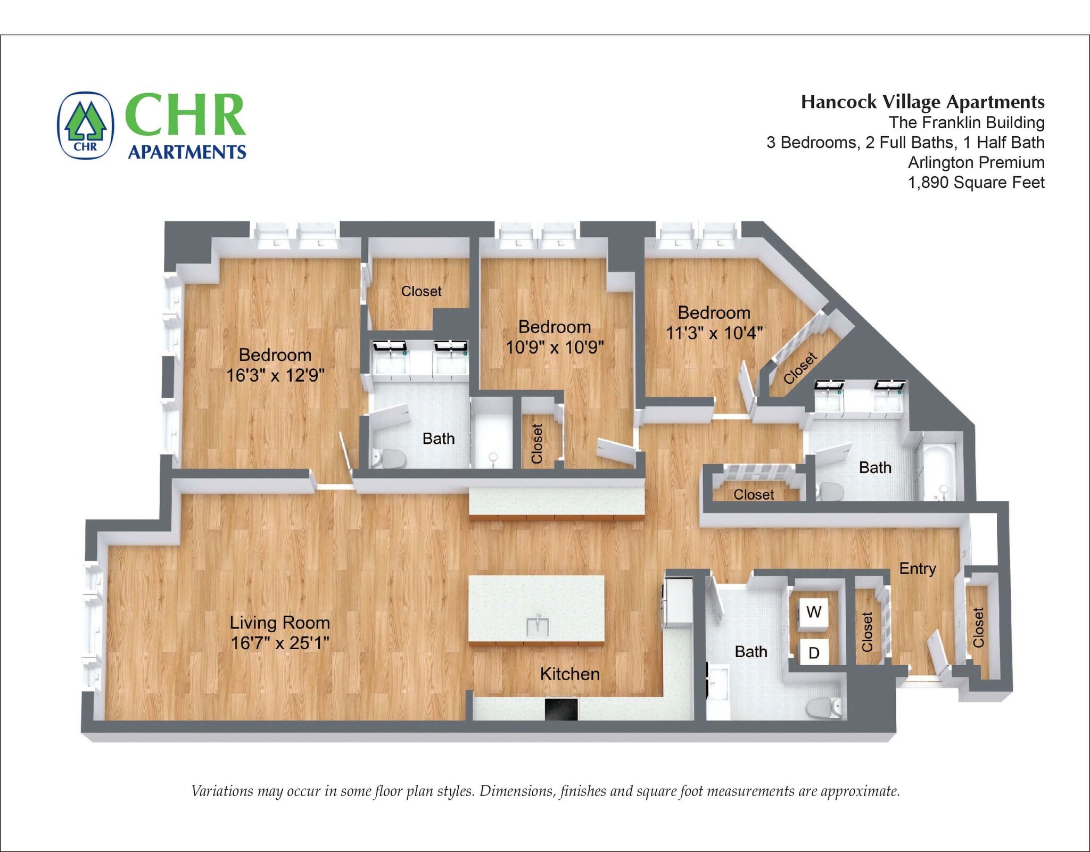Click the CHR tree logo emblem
(85, 126)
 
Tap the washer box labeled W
(814, 612)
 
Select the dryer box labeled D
(814, 652)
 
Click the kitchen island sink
(537, 626)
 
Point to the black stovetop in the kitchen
(561, 709)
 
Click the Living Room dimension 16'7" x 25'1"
(279, 643)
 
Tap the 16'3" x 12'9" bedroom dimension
(275, 375)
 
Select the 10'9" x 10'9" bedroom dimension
(554, 347)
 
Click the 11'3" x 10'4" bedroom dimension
(714, 333)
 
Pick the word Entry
(917, 568)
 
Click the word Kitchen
(569, 674)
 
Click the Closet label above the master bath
(421, 291)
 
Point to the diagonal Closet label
(800, 367)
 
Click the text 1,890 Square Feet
(976, 183)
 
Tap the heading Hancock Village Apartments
(922, 102)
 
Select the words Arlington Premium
(976, 162)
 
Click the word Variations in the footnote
(221, 791)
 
